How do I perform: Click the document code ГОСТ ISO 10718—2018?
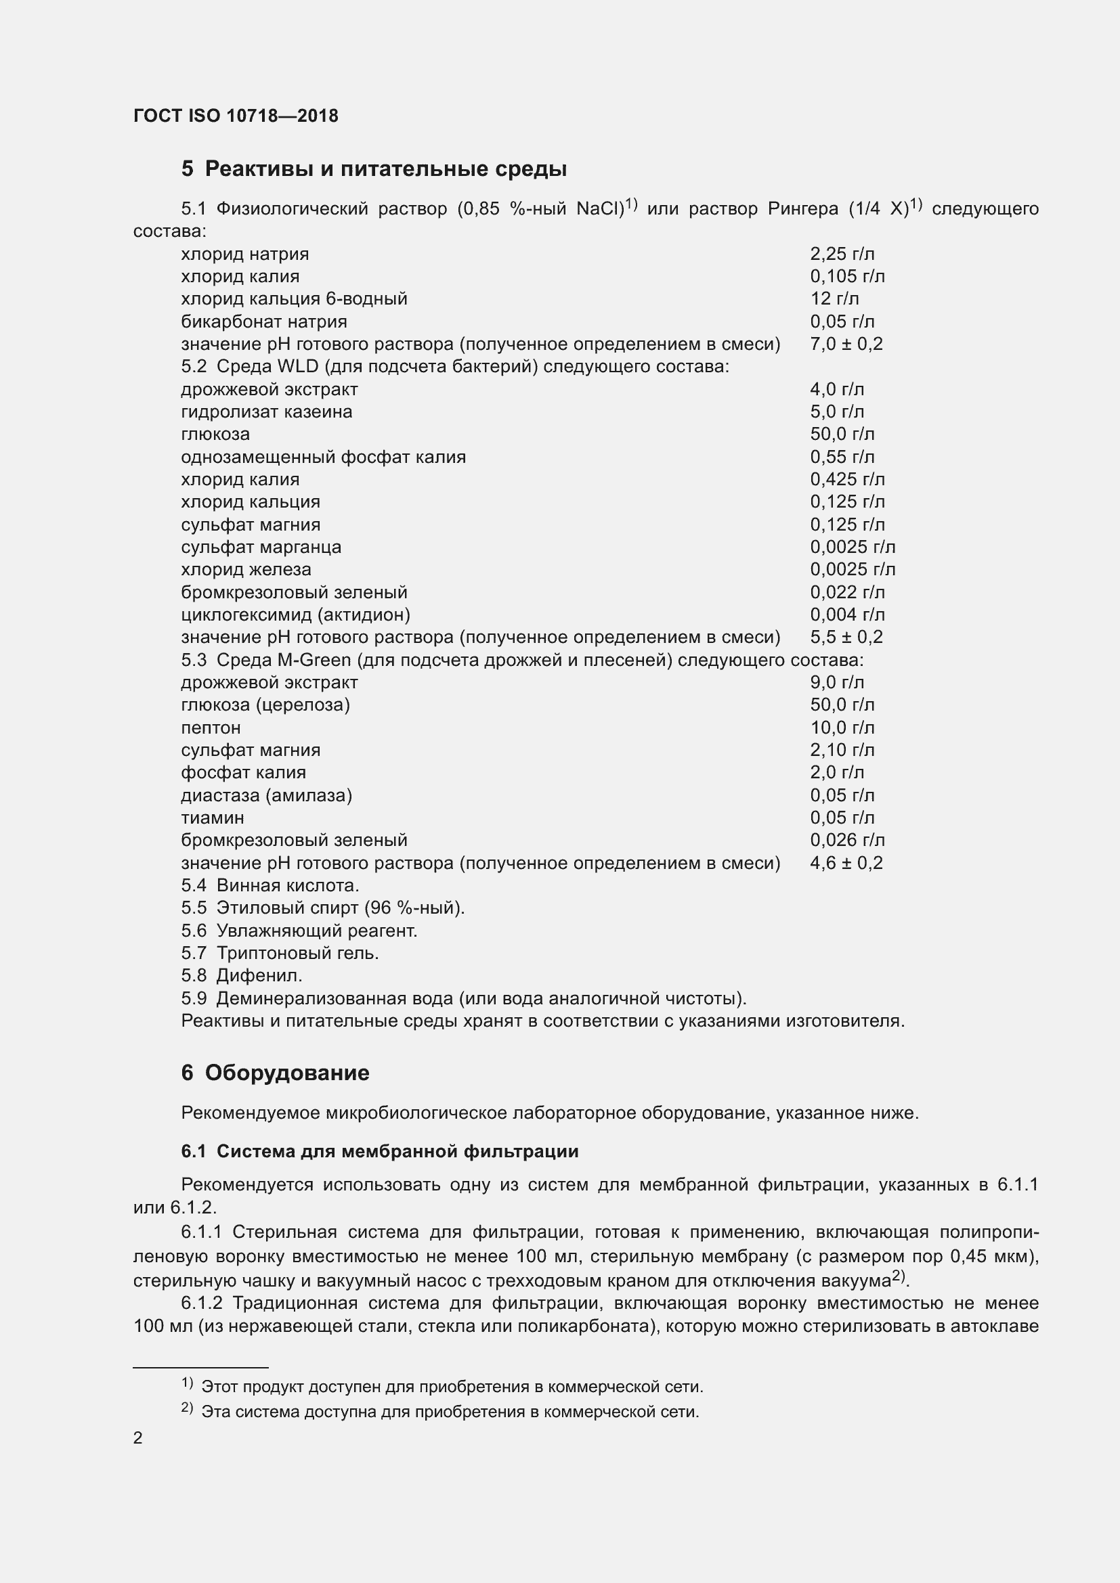235,115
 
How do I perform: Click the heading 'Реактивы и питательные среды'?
385,169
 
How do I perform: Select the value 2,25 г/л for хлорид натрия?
842,254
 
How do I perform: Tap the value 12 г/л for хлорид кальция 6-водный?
834,298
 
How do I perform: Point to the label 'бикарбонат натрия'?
263,321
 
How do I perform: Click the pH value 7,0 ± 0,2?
846,344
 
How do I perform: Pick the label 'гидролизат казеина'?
266,411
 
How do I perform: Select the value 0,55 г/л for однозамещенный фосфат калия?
842,456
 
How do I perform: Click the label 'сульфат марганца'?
261,547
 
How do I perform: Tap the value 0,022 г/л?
847,592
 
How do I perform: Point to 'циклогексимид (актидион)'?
295,615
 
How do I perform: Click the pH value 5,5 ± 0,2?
846,637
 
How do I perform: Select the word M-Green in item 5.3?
314,660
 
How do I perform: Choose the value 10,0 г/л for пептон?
842,728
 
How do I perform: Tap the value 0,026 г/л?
847,840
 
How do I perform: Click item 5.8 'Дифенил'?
259,976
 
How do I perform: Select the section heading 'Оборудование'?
286,1073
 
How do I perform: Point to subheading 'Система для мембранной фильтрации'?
397,1151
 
